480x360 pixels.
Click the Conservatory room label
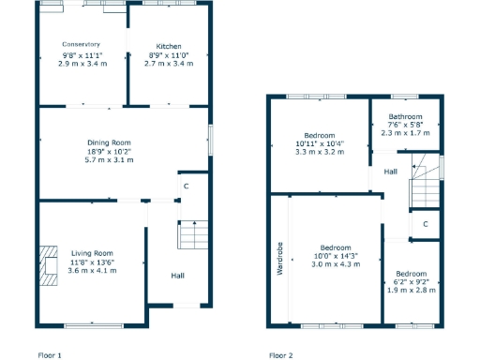pos(82,44)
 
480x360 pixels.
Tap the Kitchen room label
pos(169,46)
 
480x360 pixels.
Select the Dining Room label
pos(109,142)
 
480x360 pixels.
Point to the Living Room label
pos(92,252)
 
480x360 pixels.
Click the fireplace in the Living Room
pos(47,263)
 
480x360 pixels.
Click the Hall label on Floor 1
pos(177,276)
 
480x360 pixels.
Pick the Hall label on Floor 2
pos(390,172)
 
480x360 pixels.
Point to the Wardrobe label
pos(279,260)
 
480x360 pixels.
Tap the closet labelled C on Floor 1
pos(187,187)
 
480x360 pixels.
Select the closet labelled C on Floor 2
pos(425,223)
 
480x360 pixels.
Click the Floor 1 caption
pos(49,355)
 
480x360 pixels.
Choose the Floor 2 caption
pos(280,355)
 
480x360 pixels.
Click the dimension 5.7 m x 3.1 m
pos(109,160)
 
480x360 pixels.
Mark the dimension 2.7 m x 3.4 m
pos(169,64)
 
